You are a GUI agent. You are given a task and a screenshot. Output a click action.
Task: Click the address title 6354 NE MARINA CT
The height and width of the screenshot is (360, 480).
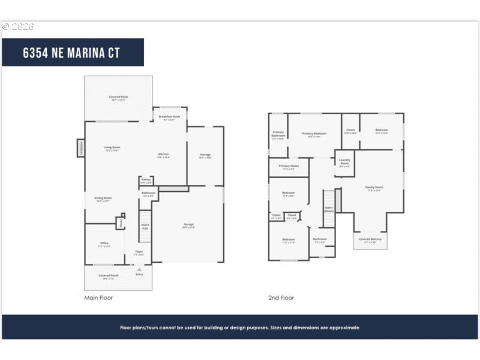click(71, 52)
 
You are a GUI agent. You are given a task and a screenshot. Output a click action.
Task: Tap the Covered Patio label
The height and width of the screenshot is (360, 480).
click(118, 97)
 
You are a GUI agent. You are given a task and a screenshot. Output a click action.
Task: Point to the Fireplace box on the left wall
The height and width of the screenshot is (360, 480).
click(80, 148)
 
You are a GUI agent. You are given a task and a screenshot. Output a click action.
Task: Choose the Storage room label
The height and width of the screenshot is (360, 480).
click(205, 155)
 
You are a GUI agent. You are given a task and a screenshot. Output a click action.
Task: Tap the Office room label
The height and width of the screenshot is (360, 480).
click(104, 244)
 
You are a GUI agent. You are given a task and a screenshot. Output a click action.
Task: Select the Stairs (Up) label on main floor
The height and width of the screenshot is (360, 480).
click(145, 226)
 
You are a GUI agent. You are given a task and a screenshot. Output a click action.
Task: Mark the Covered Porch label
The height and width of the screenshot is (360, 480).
click(109, 276)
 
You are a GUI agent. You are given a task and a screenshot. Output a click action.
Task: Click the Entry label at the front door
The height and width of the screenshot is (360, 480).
click(139, 274)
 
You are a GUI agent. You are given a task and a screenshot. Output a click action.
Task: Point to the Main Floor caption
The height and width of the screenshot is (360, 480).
click(98, 298)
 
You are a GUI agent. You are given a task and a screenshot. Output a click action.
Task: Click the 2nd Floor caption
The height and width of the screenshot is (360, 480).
click(281, 298)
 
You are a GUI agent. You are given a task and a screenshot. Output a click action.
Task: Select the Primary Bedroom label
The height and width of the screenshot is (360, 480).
click(314, 134)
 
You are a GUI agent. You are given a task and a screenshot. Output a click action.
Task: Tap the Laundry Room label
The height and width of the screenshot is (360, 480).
click(344, 161)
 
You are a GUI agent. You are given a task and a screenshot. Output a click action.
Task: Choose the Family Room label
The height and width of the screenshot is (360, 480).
click(374, 188)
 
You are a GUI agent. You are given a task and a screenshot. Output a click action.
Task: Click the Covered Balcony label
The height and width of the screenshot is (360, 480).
click(370, 239)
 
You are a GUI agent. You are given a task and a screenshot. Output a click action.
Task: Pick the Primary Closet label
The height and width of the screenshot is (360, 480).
click(289, 166)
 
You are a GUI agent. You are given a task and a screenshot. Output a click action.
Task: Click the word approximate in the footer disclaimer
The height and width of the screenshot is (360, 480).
click(346, 328)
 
